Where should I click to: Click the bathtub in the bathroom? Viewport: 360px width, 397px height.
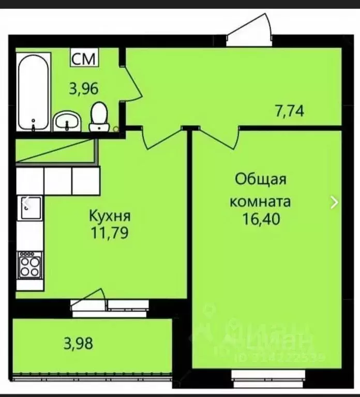[34, 93]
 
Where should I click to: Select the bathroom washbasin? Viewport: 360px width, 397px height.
[68, 121]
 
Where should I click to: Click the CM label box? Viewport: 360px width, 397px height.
[83, 58]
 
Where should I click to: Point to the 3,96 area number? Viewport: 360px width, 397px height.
[84, 89]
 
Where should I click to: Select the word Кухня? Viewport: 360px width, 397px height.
[110, 215]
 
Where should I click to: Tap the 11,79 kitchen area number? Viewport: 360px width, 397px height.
[110, 232]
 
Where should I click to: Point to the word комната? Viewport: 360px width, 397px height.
[260, 201]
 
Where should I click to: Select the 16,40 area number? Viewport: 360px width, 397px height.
[261, 219]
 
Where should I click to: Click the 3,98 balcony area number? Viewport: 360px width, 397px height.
[78, 343]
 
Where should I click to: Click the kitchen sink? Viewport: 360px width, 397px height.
[29, 209]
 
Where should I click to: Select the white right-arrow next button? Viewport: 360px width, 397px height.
[335, 202]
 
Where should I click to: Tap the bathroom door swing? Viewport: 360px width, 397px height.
[132, 83]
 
